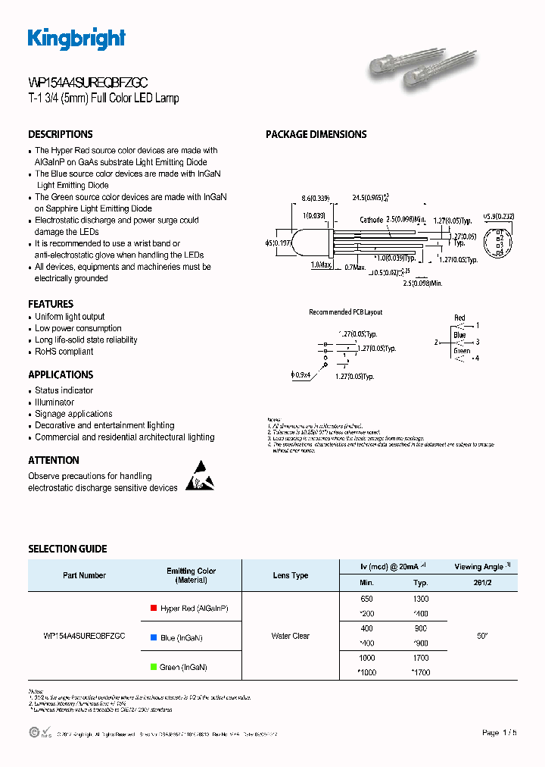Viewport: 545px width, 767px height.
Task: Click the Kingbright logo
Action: pos(76,39)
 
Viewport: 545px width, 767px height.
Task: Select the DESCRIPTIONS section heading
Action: pos(61,134)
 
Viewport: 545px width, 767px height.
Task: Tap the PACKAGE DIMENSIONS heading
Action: pos(316,134)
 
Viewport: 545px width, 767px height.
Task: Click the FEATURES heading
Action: pos(51,304)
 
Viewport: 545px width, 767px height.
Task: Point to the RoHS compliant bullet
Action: pos(64,352)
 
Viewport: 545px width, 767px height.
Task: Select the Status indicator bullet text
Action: pos(64,390)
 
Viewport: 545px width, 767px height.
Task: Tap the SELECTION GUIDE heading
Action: pos(67,549)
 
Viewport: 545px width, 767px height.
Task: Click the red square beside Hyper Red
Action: pos(154,608)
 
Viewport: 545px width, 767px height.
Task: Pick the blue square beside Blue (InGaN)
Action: pos(154,638)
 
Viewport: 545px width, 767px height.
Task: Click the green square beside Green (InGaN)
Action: pos(154,667)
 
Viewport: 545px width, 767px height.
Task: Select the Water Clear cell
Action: pos(291,636)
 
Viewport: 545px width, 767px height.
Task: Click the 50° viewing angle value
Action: pos(482,636)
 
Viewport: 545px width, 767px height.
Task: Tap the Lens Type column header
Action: pos(291,575)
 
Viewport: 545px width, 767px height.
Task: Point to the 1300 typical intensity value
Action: pos(421,599)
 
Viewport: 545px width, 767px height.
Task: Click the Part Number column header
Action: pos(84,575)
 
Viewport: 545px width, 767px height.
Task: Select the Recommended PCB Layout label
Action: pos(345,312)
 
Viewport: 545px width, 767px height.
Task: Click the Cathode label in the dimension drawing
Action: pos(371,220)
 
